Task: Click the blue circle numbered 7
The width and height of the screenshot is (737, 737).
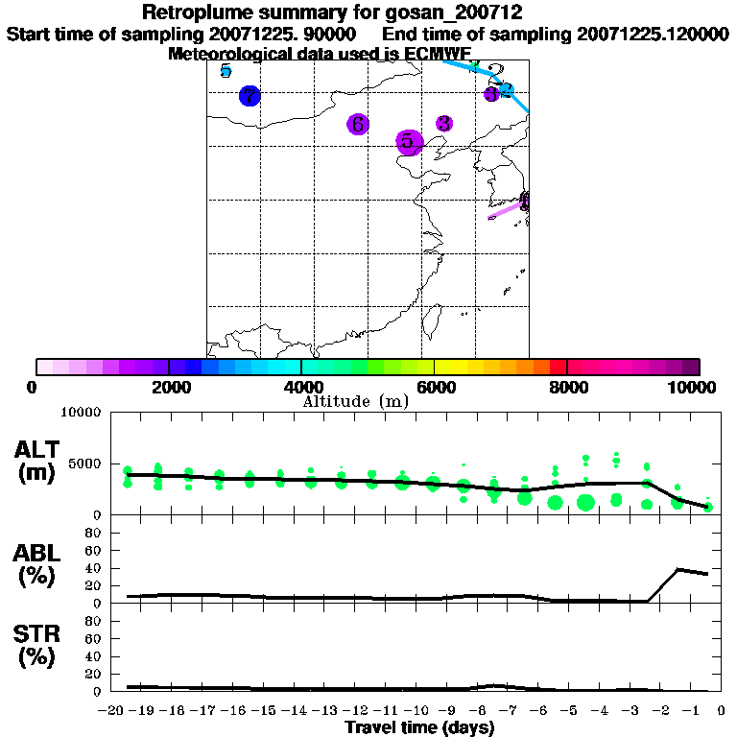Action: click(x=250, y=96)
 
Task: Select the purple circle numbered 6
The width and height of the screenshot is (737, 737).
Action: click(x=357, y=125)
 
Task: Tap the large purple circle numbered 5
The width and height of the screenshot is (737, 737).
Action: click(x=410, y=141)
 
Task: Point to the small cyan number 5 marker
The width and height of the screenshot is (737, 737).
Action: click(x=226, y=70)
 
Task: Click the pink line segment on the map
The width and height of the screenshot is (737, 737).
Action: click(x=506, y=210)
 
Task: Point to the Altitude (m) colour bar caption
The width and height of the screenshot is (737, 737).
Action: click(x=355, y=401)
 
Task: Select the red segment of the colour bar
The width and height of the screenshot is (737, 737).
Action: click(x=558, y=367)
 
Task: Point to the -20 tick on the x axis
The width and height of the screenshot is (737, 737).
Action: click(x=113, y=710)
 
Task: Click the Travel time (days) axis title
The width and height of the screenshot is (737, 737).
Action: click(x=419, y=727)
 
